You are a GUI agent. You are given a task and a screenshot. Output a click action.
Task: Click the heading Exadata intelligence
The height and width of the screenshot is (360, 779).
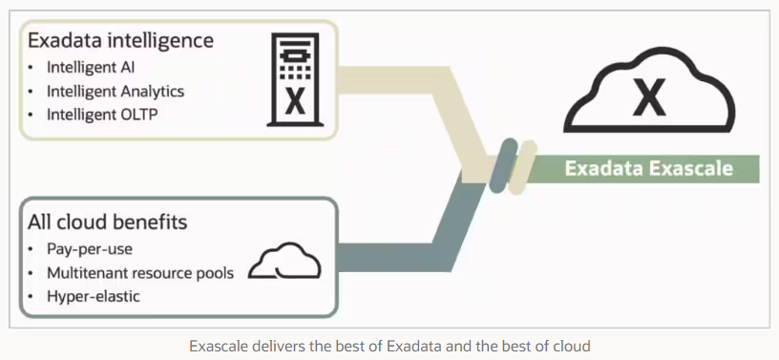[x=120, y=41]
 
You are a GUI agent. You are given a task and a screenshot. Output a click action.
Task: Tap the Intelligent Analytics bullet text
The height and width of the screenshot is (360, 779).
[x=116, y=92]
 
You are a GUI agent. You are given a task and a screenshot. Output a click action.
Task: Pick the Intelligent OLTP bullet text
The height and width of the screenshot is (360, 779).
[x=99, y=116]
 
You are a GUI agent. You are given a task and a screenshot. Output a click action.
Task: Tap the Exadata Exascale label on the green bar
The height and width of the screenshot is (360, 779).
[x=648, y=169]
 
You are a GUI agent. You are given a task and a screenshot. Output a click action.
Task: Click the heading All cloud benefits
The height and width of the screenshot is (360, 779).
[x=108, y=222]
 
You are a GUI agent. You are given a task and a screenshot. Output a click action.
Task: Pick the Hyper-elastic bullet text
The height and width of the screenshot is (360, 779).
[x=94, y=297]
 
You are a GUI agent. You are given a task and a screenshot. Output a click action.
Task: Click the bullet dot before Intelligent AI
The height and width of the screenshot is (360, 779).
[x=33, y=68]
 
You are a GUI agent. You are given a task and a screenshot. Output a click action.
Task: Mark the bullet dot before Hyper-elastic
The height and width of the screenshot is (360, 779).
[x=33, y=297]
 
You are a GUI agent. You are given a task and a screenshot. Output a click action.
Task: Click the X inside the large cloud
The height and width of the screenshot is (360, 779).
[x=649, y=98]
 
